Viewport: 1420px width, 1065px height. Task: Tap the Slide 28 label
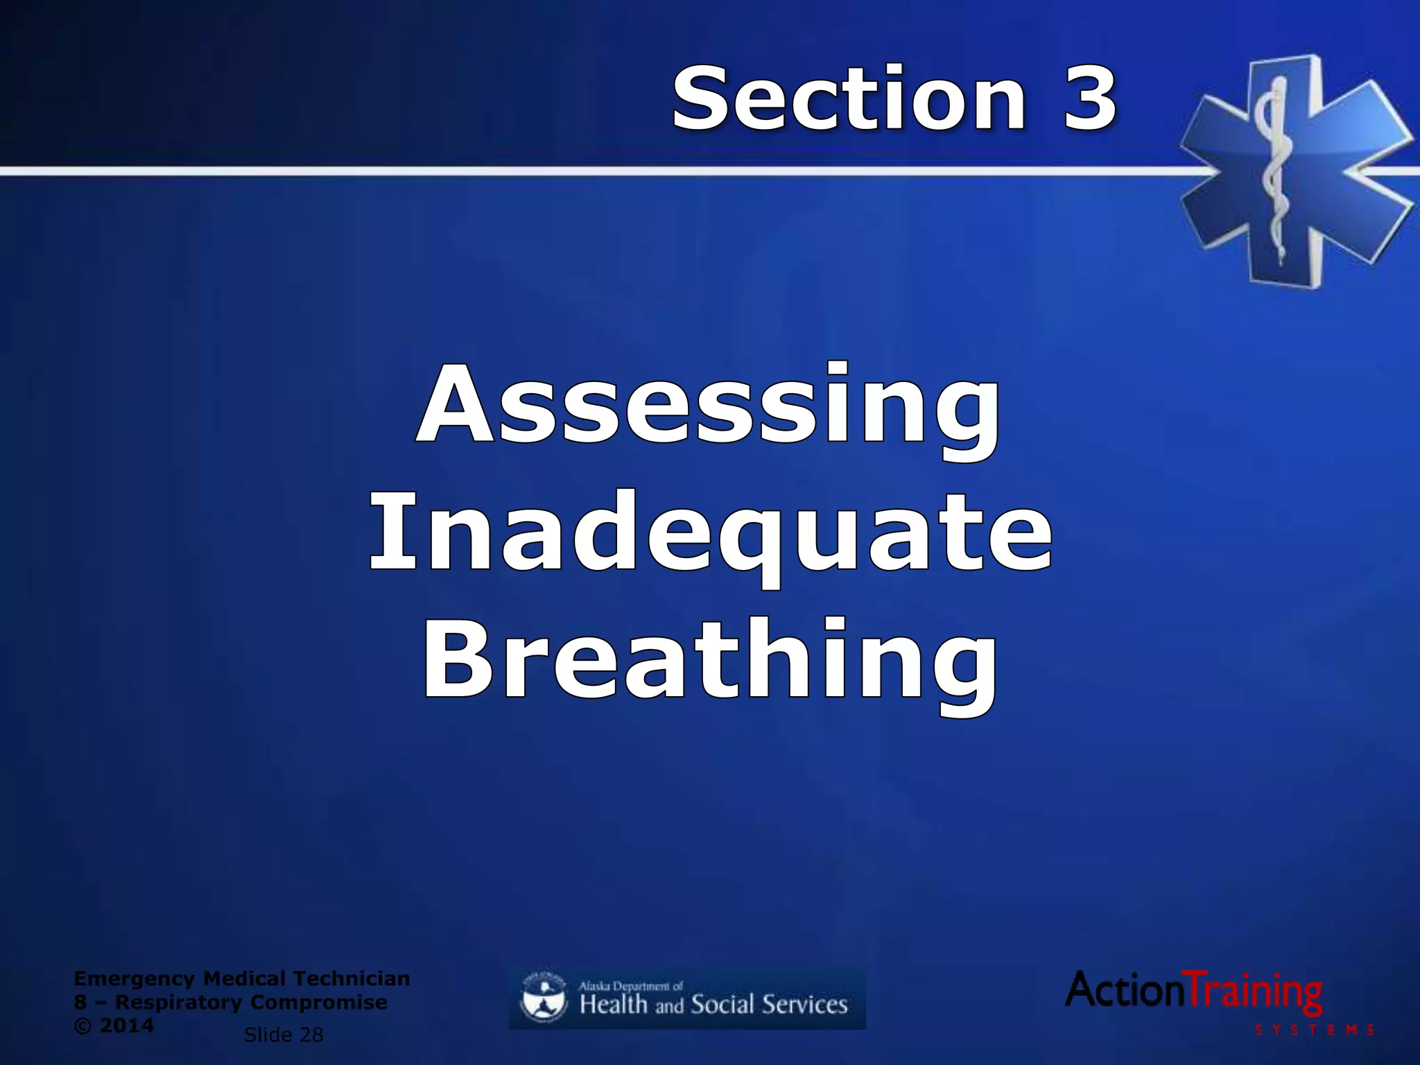point(284,1035)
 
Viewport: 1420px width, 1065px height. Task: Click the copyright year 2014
point(127,1025)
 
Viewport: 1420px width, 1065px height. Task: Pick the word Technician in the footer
point(352,978)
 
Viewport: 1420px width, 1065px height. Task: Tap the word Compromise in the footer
point(318,1002)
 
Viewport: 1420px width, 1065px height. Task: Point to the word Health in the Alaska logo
point(614,1005)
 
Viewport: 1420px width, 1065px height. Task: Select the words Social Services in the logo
point(770,1005)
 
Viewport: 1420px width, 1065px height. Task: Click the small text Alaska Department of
point(631,985)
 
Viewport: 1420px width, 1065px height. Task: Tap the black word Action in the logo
point(1126,989)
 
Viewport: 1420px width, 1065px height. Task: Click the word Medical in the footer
point(244,978)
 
